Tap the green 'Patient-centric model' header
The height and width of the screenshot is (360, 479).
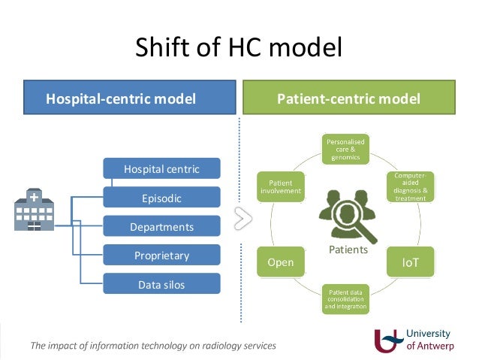pyautogui.click(x=348, y=98)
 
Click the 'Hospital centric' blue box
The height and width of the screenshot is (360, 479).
pyautogui.click(x=161, y=169)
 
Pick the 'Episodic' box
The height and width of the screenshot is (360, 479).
pyautogui.click(x=161, y=198)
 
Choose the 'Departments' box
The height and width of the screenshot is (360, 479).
pyautogui.click(x=161, y=226)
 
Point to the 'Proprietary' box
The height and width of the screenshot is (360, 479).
pyautogui.click(x=161, y=256)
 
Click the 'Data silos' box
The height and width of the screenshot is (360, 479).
pyautogui.click(x=161, y=284)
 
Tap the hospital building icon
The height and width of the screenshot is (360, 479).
pyautogui.click(x=34, y=210)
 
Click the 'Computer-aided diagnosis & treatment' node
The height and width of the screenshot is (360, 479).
pyautogui.click(x=410, y=186)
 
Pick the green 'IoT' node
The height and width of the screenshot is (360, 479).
pyautogui.click(x=411, y=262)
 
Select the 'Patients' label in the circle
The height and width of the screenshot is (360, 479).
pyautogui.click(x=348, y=250)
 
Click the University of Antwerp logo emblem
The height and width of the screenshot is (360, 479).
pyautogui.click(x=388, y=340)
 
